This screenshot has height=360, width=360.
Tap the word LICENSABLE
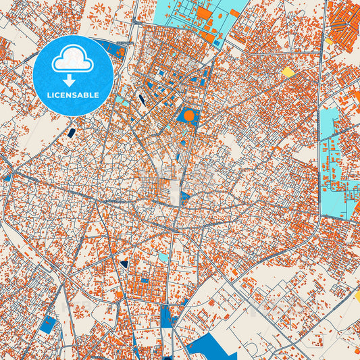72,95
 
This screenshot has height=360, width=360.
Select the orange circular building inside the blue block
189,115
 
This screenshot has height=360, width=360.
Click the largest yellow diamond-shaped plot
288,72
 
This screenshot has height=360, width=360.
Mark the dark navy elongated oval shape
141,100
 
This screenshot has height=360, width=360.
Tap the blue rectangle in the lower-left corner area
48,324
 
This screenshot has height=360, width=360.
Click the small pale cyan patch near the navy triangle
163,257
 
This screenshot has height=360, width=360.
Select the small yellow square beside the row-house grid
329,41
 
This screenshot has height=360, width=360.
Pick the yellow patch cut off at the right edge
357,295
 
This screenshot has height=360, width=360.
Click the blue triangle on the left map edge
7,177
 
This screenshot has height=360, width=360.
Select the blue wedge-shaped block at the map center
184,197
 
